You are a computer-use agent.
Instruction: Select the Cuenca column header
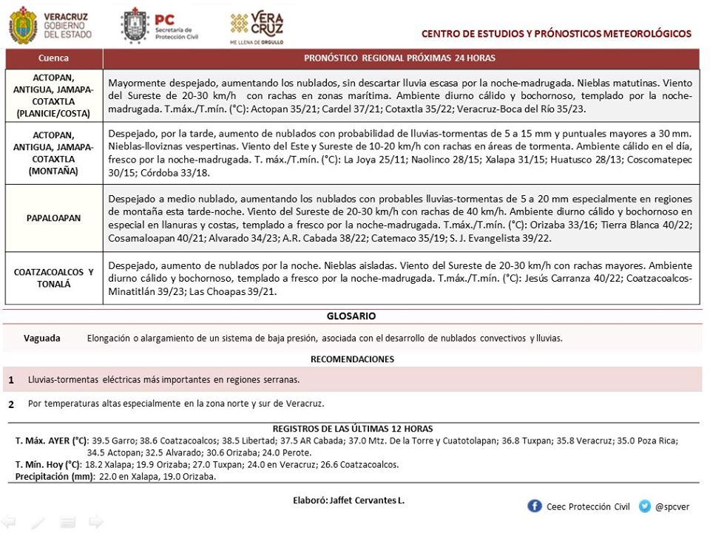54,58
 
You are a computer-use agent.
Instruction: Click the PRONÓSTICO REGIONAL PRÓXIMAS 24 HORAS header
400,58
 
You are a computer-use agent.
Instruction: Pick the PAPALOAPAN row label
54,218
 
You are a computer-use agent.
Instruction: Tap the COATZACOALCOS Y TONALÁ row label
54,277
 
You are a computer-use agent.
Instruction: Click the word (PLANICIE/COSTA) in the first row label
54,113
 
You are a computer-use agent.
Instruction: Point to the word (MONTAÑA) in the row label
54,169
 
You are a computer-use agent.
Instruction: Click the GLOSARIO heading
351,316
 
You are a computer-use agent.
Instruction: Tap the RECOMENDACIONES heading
352,359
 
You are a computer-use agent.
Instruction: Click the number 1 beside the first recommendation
11,380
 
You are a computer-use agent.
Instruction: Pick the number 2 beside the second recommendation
11,404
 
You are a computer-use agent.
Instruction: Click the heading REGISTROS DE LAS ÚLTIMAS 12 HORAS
352,429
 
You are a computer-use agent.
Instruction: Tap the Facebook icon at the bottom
534,506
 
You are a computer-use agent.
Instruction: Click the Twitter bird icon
645,506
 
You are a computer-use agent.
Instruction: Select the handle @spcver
672,507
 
